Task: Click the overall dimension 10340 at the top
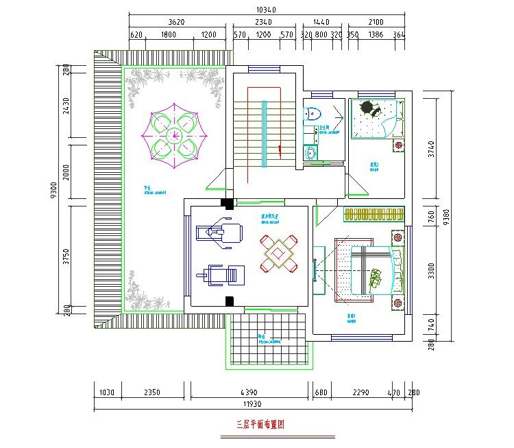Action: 265,10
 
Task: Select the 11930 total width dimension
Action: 253,405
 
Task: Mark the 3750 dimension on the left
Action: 66,255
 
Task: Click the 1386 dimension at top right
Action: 376,34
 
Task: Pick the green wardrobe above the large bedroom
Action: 374,215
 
